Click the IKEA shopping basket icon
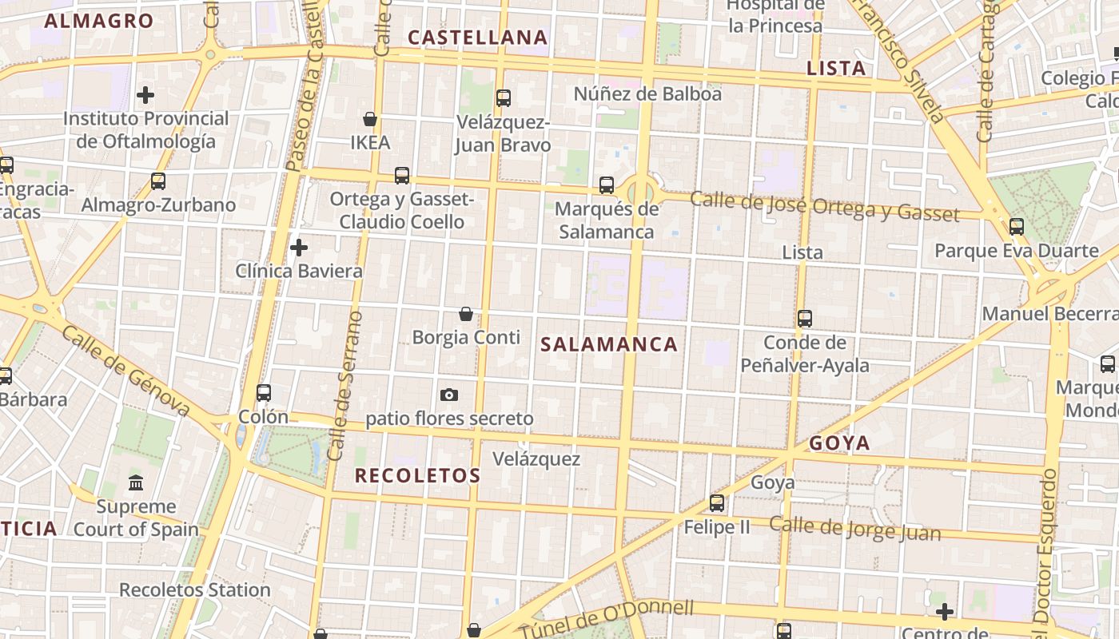[370, 119]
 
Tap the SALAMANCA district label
[609, 344]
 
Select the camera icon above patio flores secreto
[449, 395]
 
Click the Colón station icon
[264, 393]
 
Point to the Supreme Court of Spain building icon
[136, 483]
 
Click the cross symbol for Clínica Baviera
[299, 248]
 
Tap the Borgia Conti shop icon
[466, 314]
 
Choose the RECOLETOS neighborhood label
[417, 476]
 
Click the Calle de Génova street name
[125, 371]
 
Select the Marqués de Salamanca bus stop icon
[607, 185]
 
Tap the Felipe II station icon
[717, 503]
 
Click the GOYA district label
[839, 443]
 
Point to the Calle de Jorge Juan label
[855, 528]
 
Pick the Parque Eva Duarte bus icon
[1017, 227]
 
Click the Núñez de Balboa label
[647, 94]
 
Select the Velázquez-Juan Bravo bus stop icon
[504, 98]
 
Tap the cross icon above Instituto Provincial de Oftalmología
[145, 96]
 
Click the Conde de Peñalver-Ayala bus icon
[805, 319]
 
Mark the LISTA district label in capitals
[837, 69]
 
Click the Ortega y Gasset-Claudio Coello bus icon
[402, 176]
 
